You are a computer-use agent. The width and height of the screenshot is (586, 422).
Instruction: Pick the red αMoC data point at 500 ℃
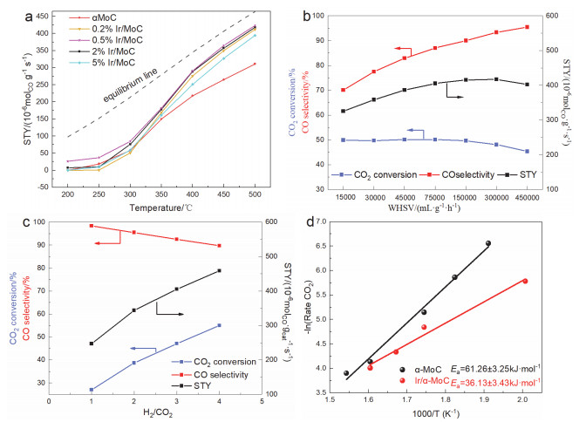point(254,64)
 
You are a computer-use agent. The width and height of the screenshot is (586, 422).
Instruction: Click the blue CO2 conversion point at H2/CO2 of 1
point(92,390)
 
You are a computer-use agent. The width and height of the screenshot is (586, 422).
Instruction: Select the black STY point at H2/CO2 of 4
point(219,270)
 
